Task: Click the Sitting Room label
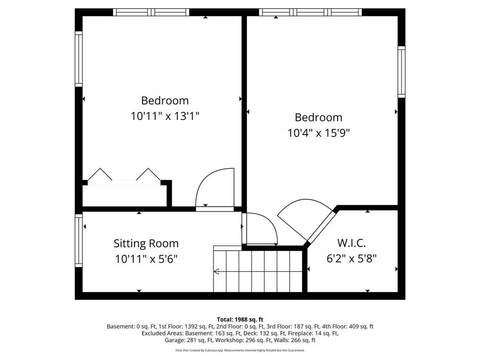[x=146, y=243]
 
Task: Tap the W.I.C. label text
[x=352, y=243]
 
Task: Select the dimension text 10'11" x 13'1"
[x=165, y=116]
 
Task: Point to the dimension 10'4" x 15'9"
[x=318, y=133]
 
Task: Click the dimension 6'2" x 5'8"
[x=352, y=259]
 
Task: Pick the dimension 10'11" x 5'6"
[x=146, y=259]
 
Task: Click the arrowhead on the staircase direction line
[x=216, y=271]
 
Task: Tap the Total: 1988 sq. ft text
[x=240, y=320]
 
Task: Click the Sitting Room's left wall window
[x=79, y=240]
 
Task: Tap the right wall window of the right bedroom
[x=401, y=72]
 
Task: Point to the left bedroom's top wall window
[x=151, y=12]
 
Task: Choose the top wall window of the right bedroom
[x=310, y=12]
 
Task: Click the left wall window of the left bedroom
[x=79, y=59]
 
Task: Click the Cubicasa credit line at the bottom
[x=240, y=350]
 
